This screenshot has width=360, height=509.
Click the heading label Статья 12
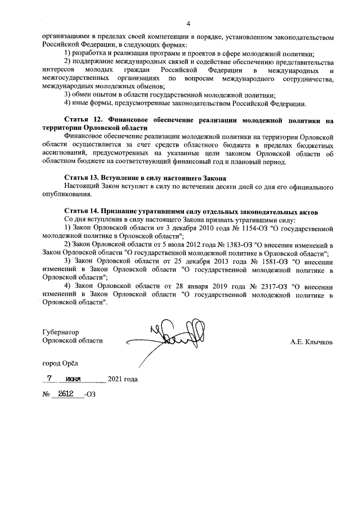[x=84, y=120]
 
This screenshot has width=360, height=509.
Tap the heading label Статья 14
[x=84, y=211]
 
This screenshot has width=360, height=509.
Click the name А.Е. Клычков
[x=311, y=341]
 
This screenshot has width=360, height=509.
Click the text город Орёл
[x=61, y=363]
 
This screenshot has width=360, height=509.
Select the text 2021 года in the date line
[x=122, y=379]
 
